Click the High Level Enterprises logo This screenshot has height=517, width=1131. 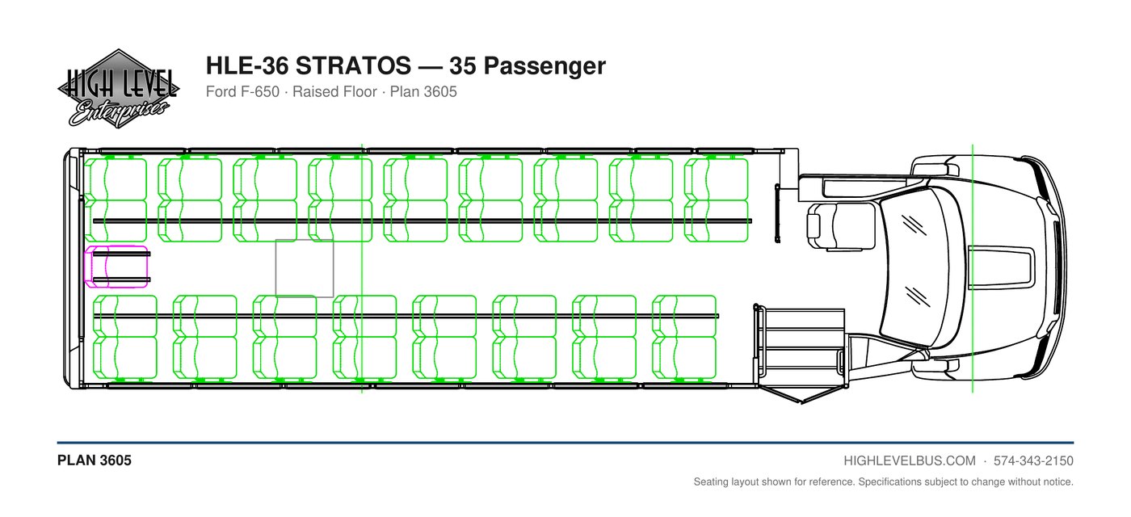coord(118,89)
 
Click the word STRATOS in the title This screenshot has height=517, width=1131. coord(353,65)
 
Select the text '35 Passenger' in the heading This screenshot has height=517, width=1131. coord(528,65)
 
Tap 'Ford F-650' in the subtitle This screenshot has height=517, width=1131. coord(242,91)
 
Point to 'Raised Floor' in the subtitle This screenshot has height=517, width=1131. coord(334,91)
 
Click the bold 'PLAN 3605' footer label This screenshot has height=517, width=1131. coord(95,460)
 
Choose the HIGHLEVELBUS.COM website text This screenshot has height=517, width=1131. coord(910,461)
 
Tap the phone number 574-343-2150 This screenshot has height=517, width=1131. coord(1033,461)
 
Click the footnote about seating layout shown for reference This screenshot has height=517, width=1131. coord(884,481)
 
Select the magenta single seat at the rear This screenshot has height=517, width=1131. coord(116,267)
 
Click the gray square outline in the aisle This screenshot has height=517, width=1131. coord(305,268)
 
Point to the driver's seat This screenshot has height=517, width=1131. coord(841,226)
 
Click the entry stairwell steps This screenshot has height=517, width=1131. coord(801,347)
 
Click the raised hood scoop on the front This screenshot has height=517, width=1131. coord(1000,267)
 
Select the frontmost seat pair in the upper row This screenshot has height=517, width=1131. coord(716,200)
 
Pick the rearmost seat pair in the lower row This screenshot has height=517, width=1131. coord(124,337)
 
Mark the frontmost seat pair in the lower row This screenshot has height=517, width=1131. coord(684,337)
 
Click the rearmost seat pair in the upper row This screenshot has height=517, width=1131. coord(115,200)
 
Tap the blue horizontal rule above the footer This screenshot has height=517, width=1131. coord(565,443)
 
